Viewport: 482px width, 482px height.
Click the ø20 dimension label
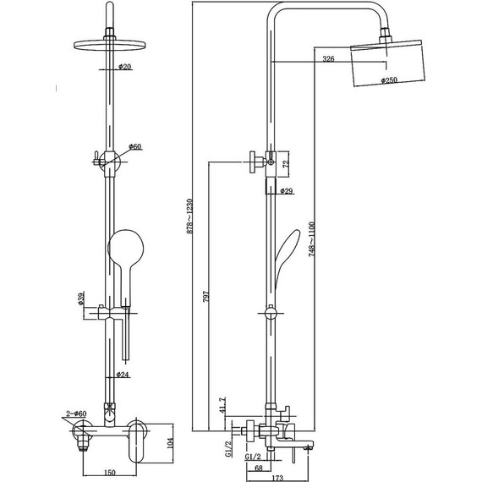pos(124,67)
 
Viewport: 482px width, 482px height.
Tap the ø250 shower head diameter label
pos(389,80)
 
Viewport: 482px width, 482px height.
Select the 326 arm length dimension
pos(328,58)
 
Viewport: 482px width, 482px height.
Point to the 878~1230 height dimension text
pos(190,216)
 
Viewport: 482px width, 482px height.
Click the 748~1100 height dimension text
pos(312,239)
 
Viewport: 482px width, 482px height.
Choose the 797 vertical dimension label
pos(206,297)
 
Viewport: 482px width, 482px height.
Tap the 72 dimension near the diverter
pos(286,164)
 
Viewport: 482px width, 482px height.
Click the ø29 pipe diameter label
pos(287,191)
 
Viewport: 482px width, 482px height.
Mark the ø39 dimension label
pos(81,299)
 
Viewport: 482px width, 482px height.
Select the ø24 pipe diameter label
pos(123,375)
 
